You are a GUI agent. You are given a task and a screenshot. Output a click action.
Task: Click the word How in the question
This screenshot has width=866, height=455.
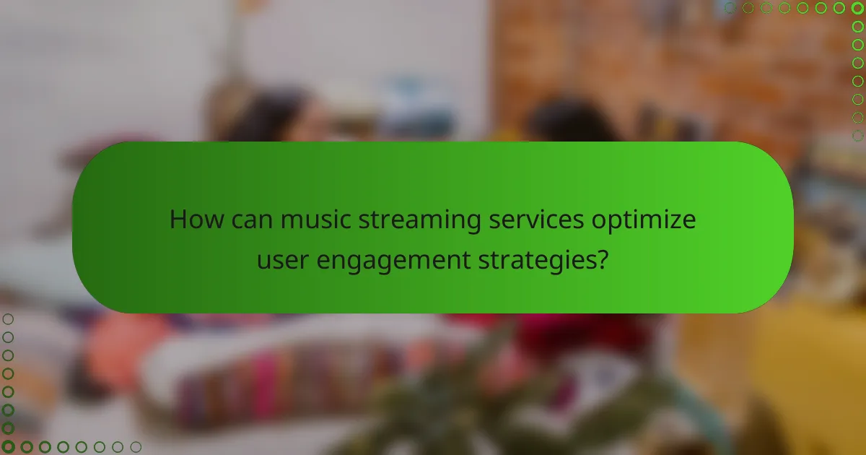[193, 220]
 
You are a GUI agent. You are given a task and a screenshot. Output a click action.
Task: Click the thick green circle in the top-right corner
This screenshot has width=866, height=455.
[857, 8]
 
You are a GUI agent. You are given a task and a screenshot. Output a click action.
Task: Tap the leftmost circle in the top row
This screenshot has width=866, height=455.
[730, 8]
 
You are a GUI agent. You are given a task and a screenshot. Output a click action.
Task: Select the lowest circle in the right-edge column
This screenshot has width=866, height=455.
[857, 135]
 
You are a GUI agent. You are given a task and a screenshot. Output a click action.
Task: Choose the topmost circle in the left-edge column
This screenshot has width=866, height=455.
[8, 319]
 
